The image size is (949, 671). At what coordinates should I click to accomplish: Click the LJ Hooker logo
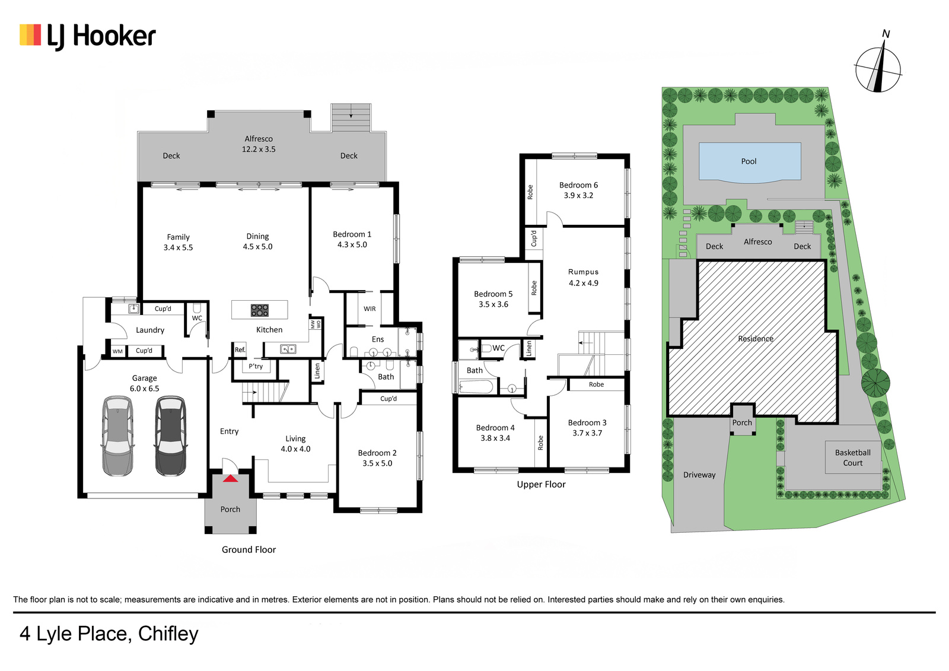click(x=88, y=37)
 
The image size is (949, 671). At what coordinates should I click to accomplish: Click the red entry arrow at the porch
click(x=231, y=479)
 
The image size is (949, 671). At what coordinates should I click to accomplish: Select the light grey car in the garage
click(x=118, y=436)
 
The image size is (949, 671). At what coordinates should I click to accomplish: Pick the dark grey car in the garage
click(x=170, y=436)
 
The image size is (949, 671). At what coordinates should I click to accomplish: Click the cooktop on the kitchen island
click(x=259, y=310)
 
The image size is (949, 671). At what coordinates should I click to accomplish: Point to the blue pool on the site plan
click(x=750, y=162)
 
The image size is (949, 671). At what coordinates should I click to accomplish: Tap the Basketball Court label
click(x=852, y=458)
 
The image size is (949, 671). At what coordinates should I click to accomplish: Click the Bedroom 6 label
click(x=578, y=185)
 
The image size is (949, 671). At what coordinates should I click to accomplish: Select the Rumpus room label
click(x=584, y=272)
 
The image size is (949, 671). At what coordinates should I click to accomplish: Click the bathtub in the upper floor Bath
click(x=476, y=387)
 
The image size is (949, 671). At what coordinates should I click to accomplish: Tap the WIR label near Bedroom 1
click(x=370, y=309)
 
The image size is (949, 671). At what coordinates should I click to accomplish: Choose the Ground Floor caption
click(x=249, y=550)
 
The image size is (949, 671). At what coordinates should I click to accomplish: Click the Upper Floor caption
click(x=541, y=485)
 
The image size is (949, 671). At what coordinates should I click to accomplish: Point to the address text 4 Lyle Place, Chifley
click(x=109, y=634)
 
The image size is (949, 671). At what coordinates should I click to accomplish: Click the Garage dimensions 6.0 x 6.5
click(x=145, y=389)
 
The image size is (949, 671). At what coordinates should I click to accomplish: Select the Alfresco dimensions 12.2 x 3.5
click(x=259, y=149)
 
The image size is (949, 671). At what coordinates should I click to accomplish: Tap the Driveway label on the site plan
click(x=699, y=475)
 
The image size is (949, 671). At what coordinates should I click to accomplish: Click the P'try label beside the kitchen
click(x=256, y=366)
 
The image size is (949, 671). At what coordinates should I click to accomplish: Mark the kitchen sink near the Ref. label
click(x=288, y=349)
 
